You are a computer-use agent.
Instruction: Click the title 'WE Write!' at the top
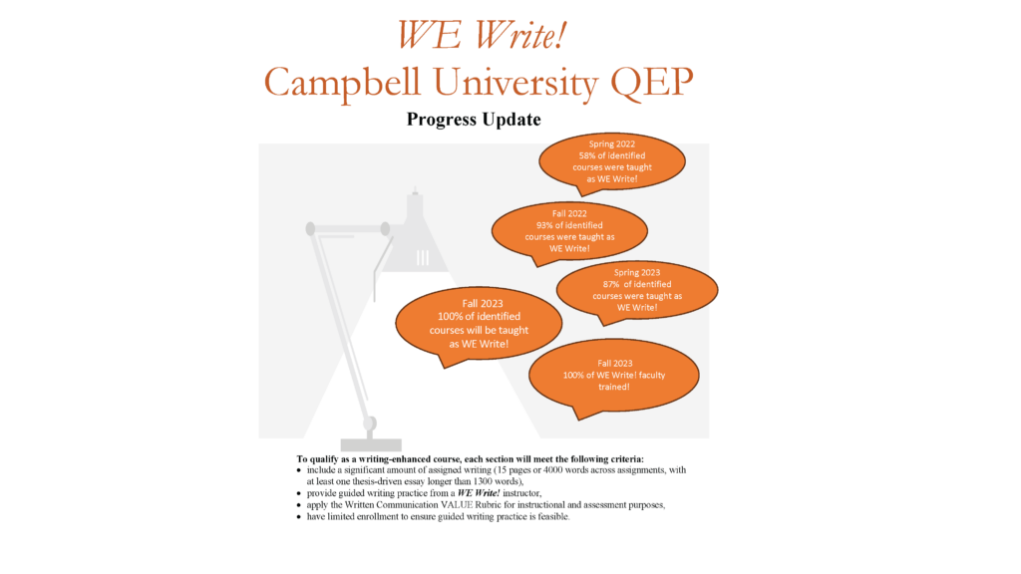coord(482,35)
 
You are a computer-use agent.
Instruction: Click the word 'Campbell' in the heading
coord(343,84)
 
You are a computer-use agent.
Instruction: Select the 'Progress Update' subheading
coord(474,120)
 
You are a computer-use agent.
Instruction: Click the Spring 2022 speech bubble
coord(612,162)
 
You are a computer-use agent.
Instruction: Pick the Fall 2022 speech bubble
coord(569,232)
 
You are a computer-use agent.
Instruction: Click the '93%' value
coord(544,225)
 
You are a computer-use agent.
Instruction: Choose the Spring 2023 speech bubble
coord(637,291)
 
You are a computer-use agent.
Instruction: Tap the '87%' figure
coord(611,284)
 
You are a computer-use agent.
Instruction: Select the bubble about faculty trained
coord(614,376)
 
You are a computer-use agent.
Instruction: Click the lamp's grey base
coord(371,445)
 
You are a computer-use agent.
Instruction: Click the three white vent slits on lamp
coord(423,258)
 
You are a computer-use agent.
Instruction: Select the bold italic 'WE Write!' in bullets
coord(479,493)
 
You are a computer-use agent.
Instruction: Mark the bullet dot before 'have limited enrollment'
coord(299,517)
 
